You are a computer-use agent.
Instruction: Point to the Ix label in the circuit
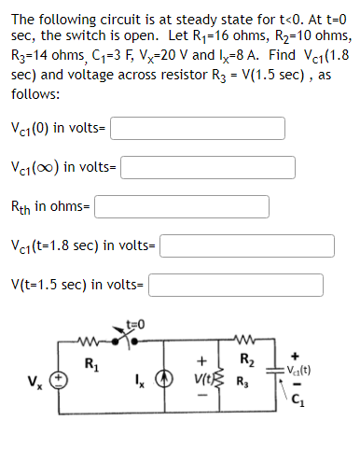[x=143, y=381]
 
